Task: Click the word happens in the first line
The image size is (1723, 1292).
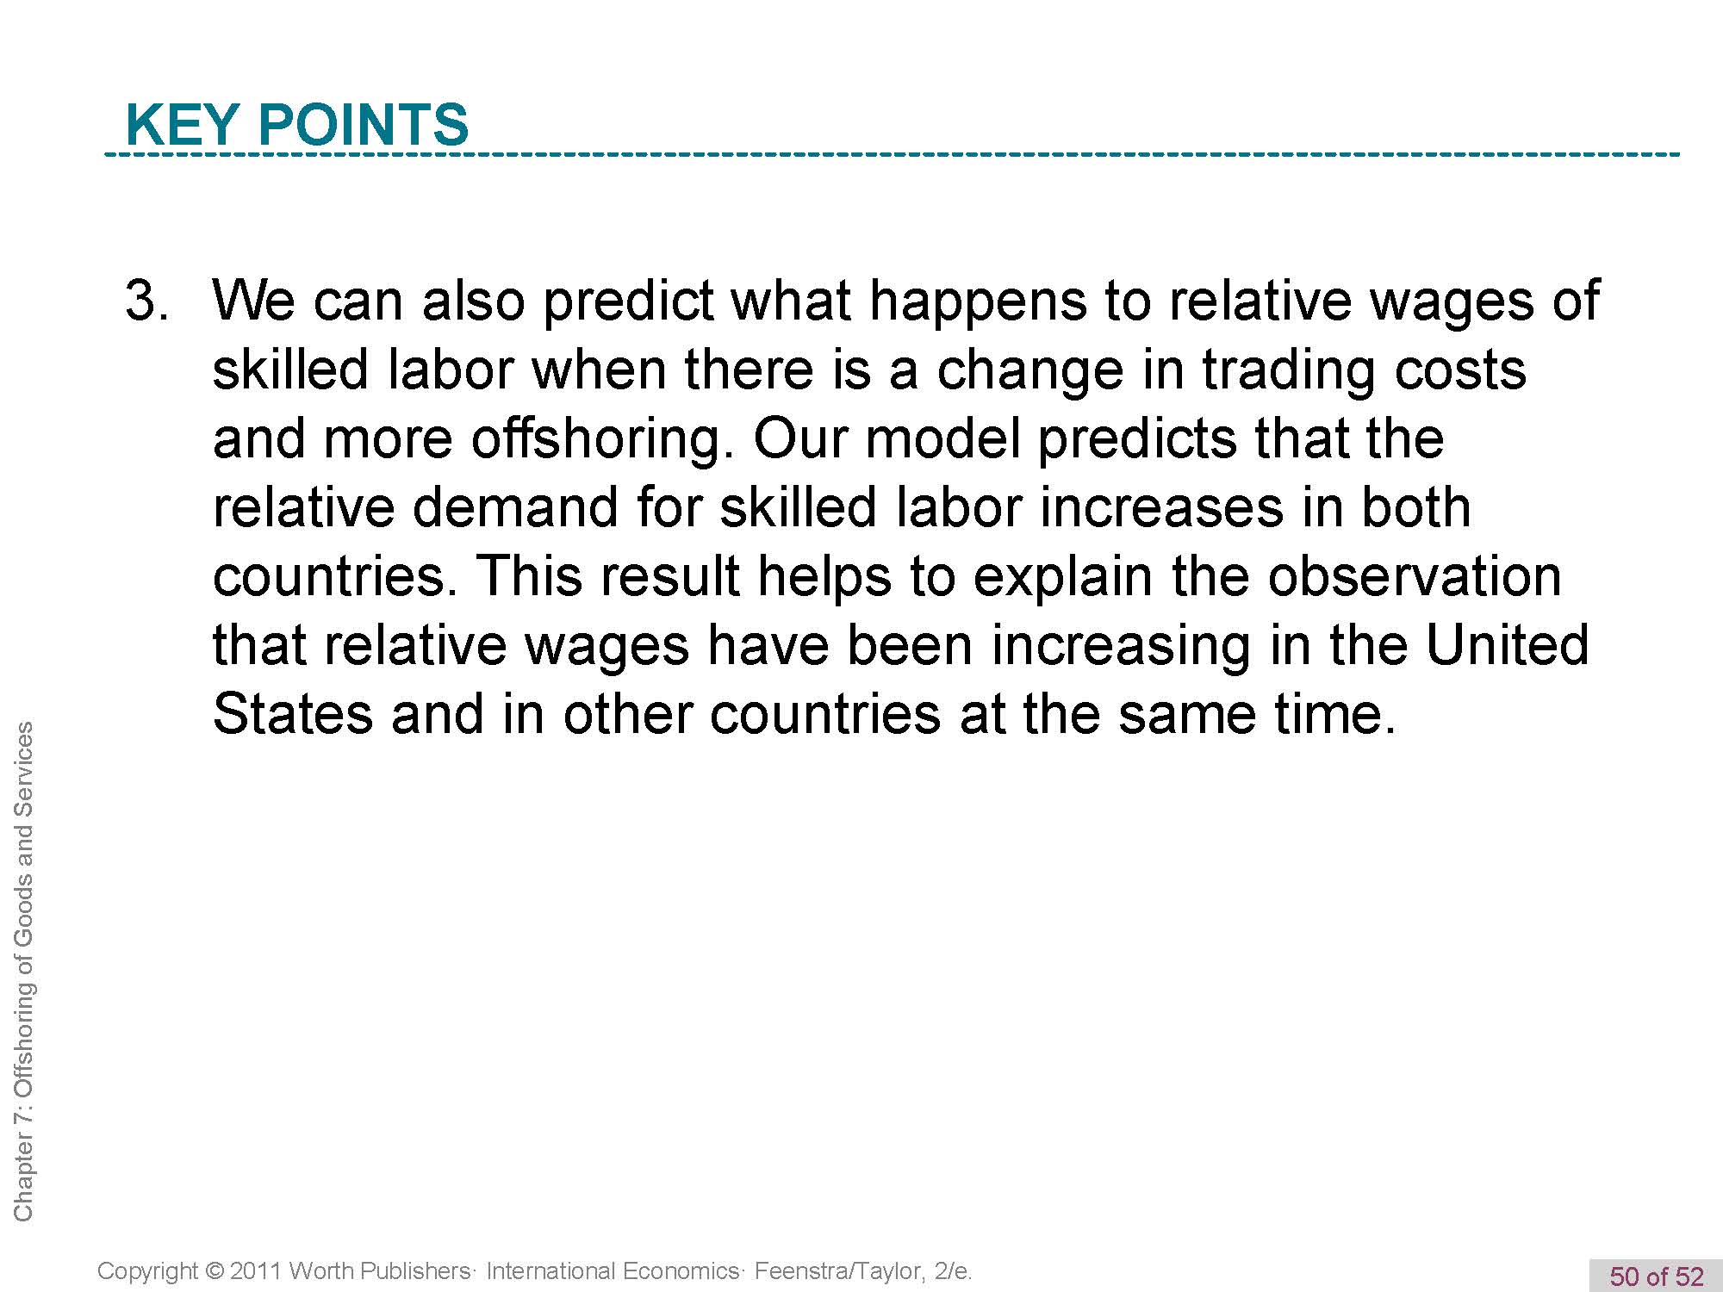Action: pos(979,301)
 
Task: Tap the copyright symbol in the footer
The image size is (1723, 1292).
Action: pos(215,1271)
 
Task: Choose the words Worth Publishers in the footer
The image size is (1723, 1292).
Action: pos(379,1271)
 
